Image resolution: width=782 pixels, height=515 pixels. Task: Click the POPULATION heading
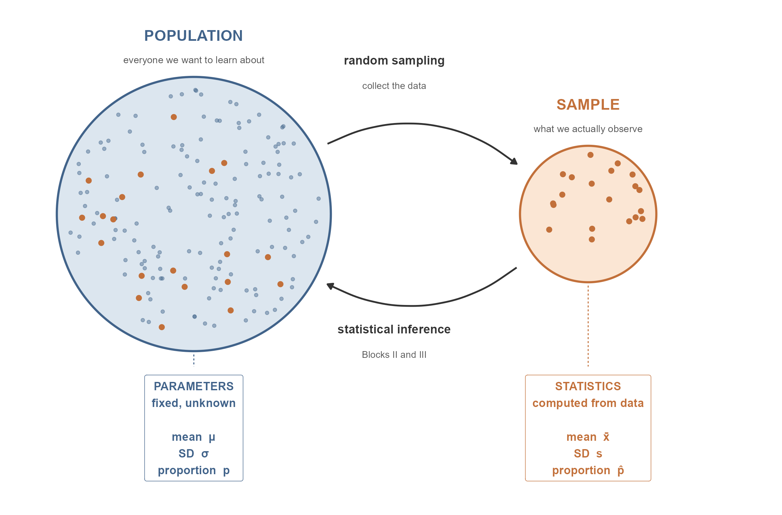click(x=193, y=36)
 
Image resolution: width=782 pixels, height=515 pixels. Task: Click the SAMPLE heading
click(x=588, y=105)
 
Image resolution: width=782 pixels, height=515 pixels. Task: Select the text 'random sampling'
click(x=394, y=61)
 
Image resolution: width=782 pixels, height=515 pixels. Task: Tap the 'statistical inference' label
click(x=394, y=329)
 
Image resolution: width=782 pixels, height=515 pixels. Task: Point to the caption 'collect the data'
click(x=394, y=86)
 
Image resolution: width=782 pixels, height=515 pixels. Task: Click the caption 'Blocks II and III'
click(x=394, y=355)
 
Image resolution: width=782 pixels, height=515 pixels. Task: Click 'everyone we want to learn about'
click(x=194, y=60)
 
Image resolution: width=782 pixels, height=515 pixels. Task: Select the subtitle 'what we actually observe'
click(x=588, y=129)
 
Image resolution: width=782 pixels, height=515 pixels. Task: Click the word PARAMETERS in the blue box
click(x=193, y=387)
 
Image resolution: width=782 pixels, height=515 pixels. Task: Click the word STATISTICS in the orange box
click(x=588, y=387)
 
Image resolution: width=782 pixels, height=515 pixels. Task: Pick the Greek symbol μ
click(x=212, y=437)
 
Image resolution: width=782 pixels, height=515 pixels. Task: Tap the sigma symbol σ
click(x=205, y=454)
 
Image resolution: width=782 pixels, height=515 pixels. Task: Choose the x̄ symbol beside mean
click(x=606, y=437)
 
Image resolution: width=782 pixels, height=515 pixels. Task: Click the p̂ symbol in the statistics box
click(x=621, y=471)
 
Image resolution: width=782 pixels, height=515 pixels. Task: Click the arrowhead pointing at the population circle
click(x=331, y=286)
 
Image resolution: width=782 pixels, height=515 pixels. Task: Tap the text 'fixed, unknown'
click(x=193, y=403)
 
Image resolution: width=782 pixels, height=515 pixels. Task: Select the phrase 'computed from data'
click(x=588, y=403)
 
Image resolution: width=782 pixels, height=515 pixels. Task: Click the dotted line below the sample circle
click(x=588, y=326)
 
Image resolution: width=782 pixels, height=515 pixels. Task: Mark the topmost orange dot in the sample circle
click(x=591, y=155)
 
